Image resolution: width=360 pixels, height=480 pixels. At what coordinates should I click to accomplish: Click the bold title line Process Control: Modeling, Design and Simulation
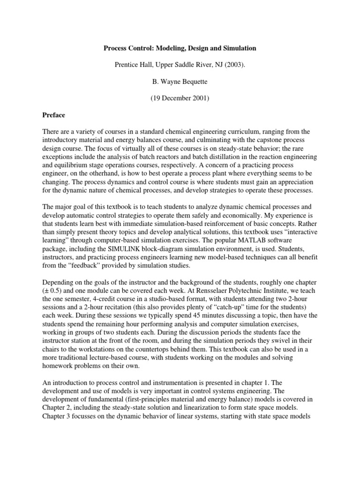[180, 48]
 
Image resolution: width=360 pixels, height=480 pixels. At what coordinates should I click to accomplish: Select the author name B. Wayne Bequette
[180, 82]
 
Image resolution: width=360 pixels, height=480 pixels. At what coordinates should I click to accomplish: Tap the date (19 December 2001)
[180, 98]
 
